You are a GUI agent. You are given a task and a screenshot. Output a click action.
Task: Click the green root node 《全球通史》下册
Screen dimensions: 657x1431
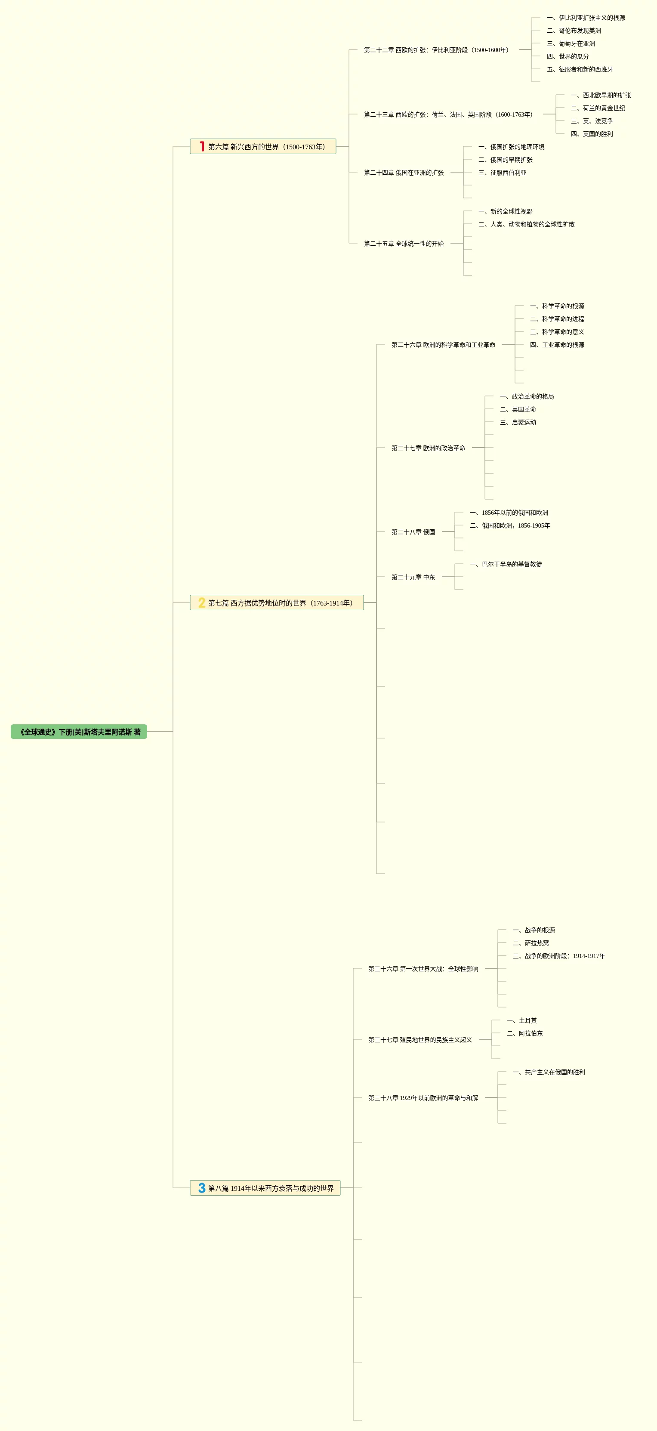[79, 732]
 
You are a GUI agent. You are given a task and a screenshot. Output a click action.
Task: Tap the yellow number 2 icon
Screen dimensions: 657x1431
[202, 603]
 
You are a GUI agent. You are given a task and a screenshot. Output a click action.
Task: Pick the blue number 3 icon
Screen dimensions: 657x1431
[202, 1188]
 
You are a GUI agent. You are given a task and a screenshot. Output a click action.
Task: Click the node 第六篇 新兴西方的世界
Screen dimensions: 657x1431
[267, 147]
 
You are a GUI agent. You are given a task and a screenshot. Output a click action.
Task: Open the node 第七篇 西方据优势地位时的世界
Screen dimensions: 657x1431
[281, 603]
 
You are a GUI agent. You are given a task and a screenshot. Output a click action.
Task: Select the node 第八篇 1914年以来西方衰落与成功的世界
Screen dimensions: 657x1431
[271, 1188]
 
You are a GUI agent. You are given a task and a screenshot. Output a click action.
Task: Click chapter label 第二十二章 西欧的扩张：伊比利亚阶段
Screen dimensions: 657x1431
[436, 50]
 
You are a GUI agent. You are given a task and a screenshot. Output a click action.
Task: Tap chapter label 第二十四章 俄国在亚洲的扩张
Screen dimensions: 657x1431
[404, 173]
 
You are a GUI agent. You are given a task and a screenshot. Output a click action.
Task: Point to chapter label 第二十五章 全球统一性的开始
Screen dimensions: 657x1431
[404, 243]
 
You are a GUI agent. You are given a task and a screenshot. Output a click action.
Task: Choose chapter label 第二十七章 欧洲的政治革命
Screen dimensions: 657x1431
[428, 448]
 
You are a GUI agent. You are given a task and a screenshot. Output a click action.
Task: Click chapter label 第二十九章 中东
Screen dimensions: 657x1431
[413, 577]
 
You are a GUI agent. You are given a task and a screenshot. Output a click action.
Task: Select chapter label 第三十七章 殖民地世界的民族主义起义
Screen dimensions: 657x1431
[420, 1039]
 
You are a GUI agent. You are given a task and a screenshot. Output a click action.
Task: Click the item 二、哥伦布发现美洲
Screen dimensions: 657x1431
[574, 31]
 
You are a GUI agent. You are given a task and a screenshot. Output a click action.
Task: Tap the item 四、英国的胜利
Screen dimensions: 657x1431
[592, 134]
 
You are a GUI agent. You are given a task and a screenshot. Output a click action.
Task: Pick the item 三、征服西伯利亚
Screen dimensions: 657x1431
[503, 173]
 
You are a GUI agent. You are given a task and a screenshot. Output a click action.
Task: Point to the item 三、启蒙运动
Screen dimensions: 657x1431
[518, 422]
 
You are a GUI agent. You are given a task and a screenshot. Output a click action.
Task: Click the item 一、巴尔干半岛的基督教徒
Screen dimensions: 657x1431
[506, 564]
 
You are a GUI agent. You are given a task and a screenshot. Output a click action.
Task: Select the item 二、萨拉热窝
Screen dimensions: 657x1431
[531, 943]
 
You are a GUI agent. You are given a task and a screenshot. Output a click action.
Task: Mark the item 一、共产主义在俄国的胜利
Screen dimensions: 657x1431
[549, 1072]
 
